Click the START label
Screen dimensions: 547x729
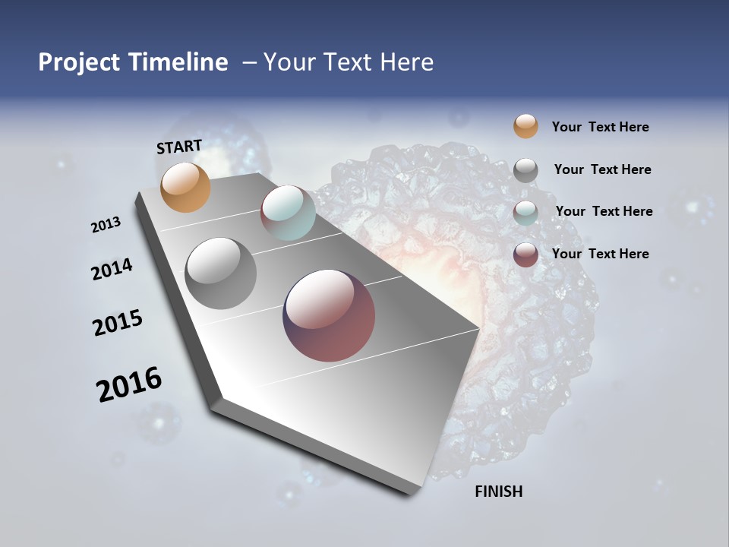point(179,147)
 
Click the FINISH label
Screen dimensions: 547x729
point(498,492)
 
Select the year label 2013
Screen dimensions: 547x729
point(106,225)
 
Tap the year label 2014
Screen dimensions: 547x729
point(112,269)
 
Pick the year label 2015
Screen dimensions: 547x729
point(118,323)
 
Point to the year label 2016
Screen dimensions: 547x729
point(129,384)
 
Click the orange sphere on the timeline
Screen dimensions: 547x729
point(185,187)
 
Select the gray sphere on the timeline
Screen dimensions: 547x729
point(220,273)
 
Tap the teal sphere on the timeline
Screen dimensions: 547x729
point(288,212)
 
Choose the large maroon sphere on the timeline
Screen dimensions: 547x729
point(329,315)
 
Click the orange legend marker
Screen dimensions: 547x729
point(525,126)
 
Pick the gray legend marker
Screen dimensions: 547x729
point(525,170)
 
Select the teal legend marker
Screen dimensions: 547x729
point(525,213)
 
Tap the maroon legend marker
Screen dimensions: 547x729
point(525,255)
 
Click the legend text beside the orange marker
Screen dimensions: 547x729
point(600,127)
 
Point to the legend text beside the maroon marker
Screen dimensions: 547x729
point(600,254)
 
